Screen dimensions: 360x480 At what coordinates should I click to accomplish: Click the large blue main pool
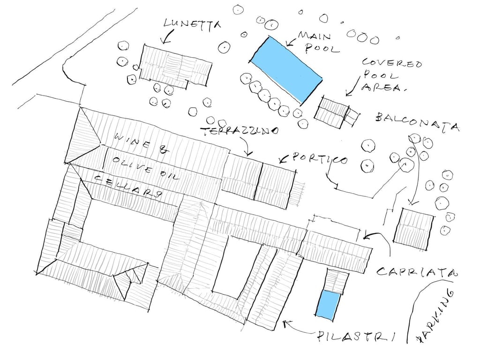pyautogui.click(x=286, y=69)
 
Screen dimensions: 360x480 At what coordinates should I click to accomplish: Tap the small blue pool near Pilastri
pyautogui.click(x=327, y=305)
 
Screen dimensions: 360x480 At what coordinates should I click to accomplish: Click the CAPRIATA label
pyautogui.click(x=416, y=271)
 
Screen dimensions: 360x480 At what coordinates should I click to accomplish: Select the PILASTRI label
pyautogui.click(x=355, y=337)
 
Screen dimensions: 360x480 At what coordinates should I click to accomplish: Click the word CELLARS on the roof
pyautogui.click(x=128, y=186)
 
